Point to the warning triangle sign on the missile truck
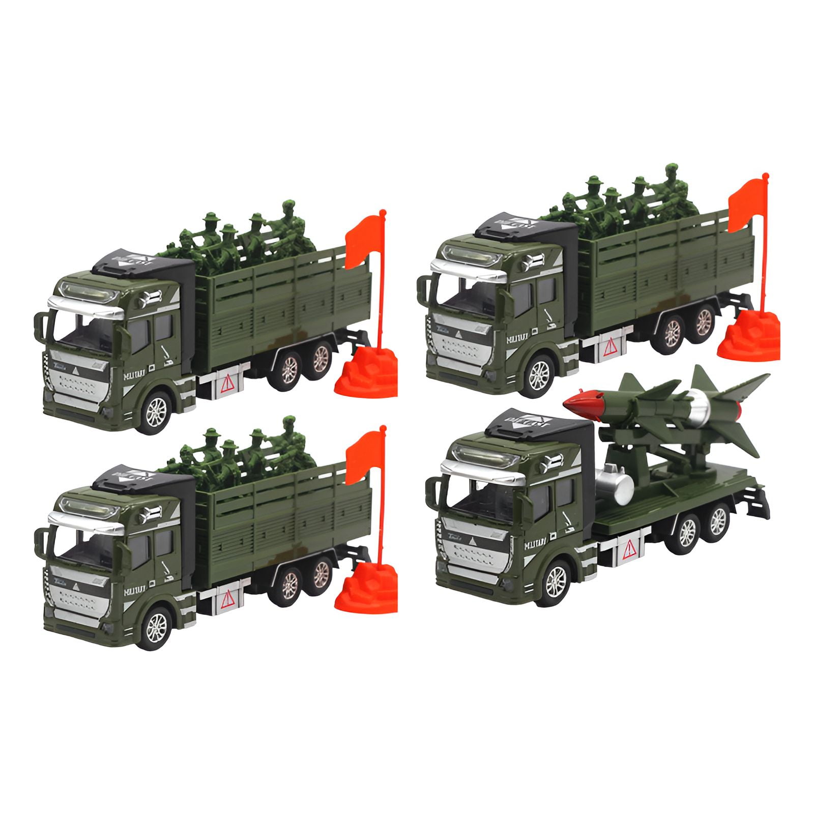[x=629, y=548]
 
